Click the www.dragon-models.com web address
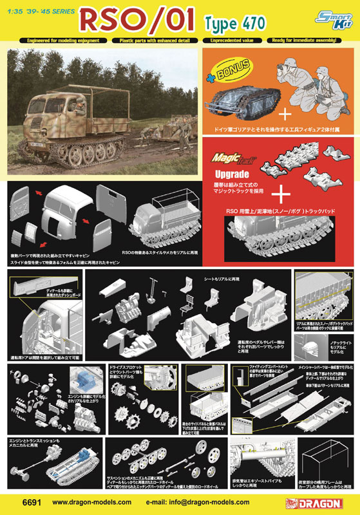coord(88,501)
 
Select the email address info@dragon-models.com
coord(193,501)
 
